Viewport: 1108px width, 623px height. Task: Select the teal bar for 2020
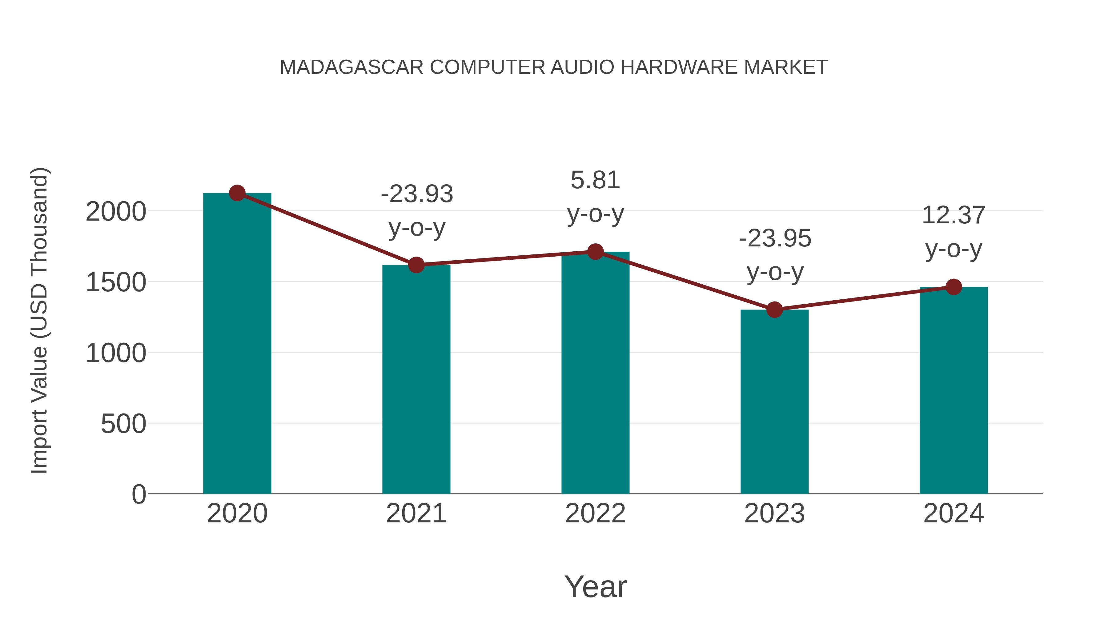point(237,344)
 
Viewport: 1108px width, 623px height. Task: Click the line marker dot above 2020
point(237,193)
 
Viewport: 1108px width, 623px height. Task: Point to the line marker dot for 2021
point(416,265)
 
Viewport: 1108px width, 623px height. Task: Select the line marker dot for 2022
point(595,252)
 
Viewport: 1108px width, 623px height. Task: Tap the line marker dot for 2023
point(774,310)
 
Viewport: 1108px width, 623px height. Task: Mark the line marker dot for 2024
point(953,287)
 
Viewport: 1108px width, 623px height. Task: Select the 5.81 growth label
point(595,180)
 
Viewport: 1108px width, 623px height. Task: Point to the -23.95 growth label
point(775,239)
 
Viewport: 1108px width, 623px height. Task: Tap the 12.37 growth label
point(953,215)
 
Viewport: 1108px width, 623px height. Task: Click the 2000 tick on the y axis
point(116,212)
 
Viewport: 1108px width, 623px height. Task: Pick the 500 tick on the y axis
point(123,424)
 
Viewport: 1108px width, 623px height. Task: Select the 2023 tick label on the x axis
point(774,513)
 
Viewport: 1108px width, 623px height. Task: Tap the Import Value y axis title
point(39,320)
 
